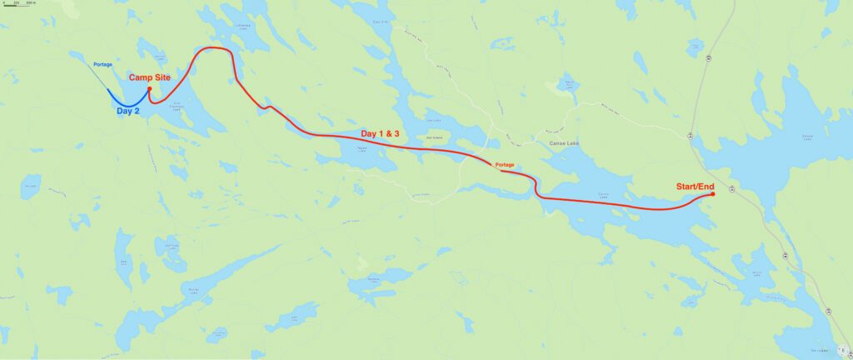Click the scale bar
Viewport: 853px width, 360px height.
(17, 6)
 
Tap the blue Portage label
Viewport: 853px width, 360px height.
(102, 64)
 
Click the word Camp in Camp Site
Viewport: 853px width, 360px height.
(141, 77)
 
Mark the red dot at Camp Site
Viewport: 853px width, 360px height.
(149, 88)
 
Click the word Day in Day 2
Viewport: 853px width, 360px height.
(125, 110)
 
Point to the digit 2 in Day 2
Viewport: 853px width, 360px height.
(138, 110)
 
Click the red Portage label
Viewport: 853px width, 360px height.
(505, 164)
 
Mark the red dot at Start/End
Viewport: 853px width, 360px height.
(713, 194)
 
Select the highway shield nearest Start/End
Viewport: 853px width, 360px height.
(731, 190)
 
